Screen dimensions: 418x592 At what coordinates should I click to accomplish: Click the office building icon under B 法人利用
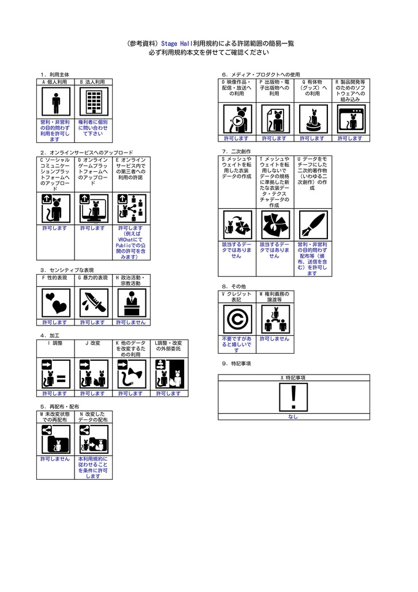point(94,102)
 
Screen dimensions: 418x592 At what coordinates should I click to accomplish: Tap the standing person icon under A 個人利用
point(56,102)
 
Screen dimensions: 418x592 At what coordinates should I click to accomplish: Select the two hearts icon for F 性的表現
point(56,303)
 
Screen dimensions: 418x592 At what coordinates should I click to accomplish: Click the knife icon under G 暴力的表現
point(94,303)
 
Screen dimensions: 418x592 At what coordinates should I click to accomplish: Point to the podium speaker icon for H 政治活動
point(132,303)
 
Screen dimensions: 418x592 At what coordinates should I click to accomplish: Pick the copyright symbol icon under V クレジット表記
point(237,319)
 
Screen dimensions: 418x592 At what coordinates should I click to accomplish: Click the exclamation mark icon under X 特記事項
point(293,397)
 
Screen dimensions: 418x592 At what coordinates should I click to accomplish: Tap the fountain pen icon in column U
point(313,225)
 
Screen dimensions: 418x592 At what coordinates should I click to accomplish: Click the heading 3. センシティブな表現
point(67,270)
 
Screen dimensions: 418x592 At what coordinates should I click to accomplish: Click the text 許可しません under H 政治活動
point(131,323)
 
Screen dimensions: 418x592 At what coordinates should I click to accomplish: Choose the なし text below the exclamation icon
point(293,417)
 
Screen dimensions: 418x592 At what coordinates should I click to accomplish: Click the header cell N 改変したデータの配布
point(93,417)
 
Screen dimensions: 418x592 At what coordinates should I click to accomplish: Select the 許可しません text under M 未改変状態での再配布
point(55,459)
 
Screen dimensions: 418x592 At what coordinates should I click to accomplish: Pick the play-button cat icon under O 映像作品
point(237,119)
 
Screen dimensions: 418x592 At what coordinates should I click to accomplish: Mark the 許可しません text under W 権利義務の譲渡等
point(274,339)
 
